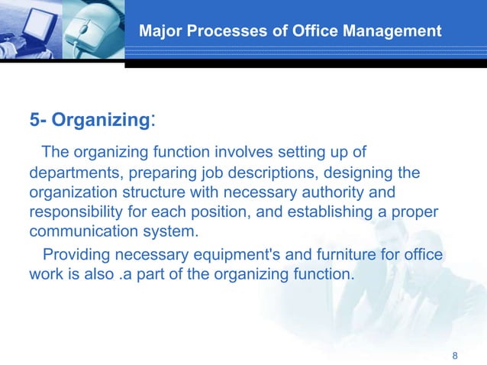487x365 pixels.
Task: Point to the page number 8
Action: (x=456, y=356)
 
